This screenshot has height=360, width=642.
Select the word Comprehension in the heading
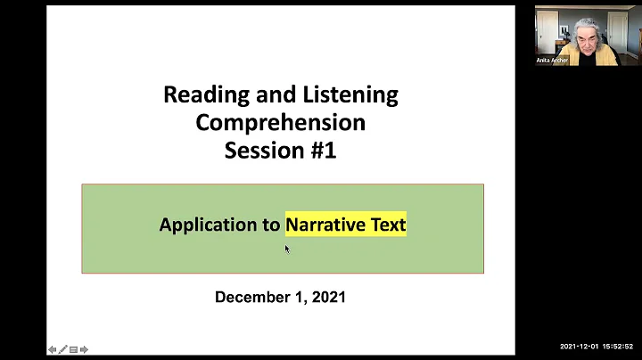pos(280,122)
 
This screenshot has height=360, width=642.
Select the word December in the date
pos(253,297)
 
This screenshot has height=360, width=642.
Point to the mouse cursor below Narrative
pos(287,249)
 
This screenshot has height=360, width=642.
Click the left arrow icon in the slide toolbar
pos(53,349)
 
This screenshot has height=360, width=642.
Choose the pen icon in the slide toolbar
pos(63,349)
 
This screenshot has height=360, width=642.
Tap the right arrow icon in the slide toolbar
pos(84,349)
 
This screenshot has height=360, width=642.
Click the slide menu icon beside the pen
pos(73,349)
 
